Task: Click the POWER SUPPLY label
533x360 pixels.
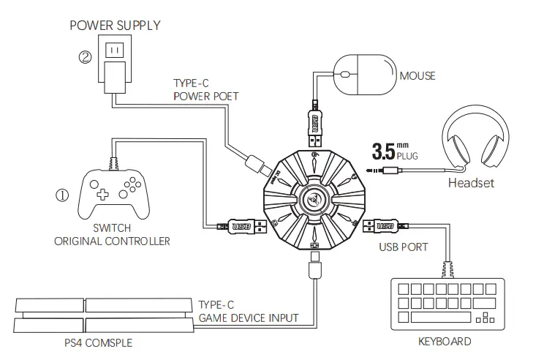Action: point(115,26)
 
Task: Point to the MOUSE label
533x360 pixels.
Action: point(417,75)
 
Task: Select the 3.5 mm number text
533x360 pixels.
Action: point(384,151)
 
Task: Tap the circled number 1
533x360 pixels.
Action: point(62,195)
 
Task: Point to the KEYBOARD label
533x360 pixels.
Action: point(444,341)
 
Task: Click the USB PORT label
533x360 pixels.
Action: point(404,247)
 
